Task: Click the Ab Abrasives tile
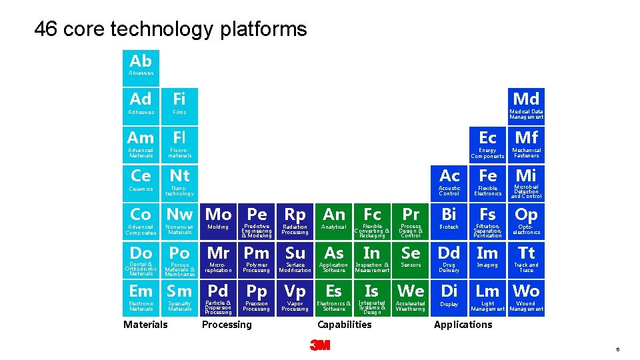(x=141, y=65)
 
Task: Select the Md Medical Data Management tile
(x=526, y=105)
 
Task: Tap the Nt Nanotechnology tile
(x=180, y=182)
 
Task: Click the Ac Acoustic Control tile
(x=449, y=182)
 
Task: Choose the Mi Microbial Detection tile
(x=526, y=182)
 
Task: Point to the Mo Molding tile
(x=218, y=221)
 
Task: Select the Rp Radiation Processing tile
(x=295, y=221)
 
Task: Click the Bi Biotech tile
(x=449, y=221)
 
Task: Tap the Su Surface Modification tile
(x=295, y=259)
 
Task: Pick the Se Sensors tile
(x=411, y=259)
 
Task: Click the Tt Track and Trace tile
(x=526, y=259)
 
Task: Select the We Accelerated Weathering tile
(x=411, y=297)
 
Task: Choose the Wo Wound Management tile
(x=526, y=297)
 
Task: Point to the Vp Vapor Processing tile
(x=295, y=297)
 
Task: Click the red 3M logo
(x=320, y=345)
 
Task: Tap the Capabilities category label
(x=345, y=325)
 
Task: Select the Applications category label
(x=463, y=325)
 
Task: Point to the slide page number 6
(x=618, y=349)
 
